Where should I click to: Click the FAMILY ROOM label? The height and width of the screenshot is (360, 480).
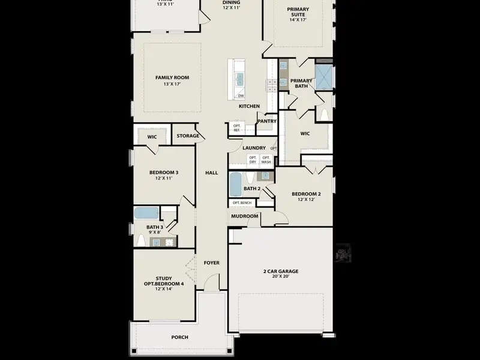click(172, 77)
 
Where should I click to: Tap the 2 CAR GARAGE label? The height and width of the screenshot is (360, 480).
click(281, 271)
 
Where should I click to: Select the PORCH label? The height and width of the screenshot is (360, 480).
click(179, 337)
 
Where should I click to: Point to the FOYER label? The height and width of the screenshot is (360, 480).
click(211, 263)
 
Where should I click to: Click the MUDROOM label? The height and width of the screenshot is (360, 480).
click(245, 216)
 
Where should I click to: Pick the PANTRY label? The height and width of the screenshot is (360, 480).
click(267, 121)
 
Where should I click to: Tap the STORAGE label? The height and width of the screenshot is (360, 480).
click(188, 136)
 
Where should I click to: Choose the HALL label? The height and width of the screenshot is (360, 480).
click(211, 173)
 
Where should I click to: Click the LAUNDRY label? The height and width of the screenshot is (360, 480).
click(254, 148)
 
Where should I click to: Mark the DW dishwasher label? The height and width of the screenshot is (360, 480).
click(241, 96)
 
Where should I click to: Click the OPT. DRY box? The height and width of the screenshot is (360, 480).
click(253, 160)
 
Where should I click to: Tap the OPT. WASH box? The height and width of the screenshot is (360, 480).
click(266, 160)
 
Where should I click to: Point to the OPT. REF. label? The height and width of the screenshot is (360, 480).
click(236, 128)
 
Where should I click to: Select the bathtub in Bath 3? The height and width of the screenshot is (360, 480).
click(146, 213)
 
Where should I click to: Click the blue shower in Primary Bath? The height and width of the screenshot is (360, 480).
click(323, 77)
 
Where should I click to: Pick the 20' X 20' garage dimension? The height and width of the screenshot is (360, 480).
click(281, 278)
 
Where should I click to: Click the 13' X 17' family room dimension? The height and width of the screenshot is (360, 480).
click(172, 85)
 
